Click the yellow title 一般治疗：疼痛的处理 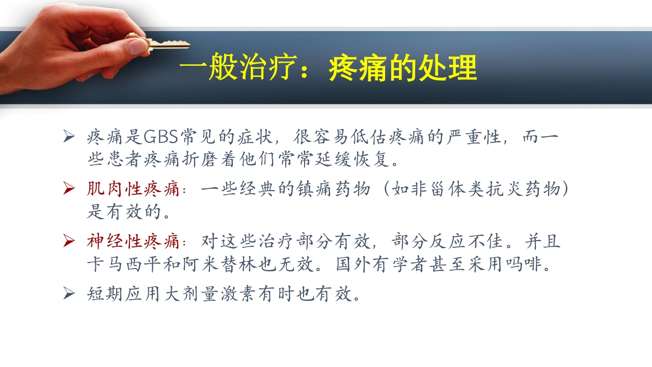point(328,68)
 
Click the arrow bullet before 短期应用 point(69,293)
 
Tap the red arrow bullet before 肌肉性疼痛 point(69,189)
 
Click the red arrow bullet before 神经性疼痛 point(69,240)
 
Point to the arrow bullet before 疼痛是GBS point(69,137)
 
